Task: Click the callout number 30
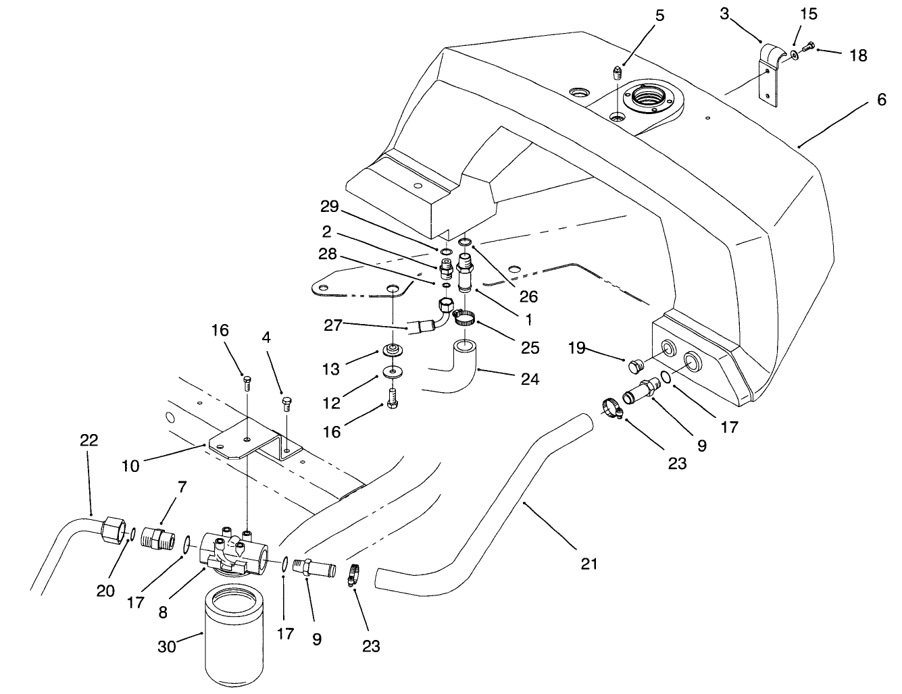coord(166,646)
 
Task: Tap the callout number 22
coord(89,441)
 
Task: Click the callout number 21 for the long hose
coord(589,562)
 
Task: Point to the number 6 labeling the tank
coord(881,100)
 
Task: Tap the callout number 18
coord(858,55)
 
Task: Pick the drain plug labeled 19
coord(634,366)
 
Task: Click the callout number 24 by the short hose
coord(530,379)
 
